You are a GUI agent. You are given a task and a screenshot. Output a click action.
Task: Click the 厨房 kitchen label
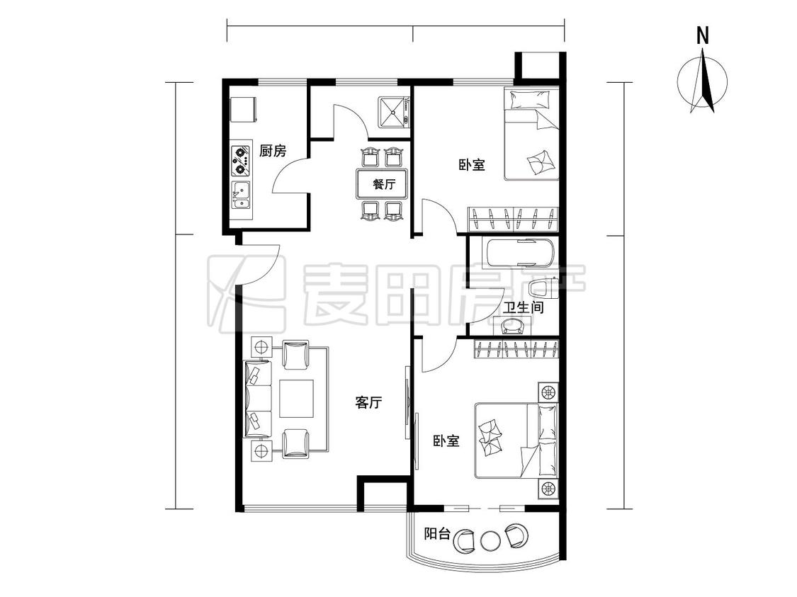coord(273,151)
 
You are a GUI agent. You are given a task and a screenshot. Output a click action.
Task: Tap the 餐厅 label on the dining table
coord(384,184)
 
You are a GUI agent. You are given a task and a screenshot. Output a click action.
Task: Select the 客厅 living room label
coord(368,403)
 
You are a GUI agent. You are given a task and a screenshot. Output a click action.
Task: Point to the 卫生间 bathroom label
coord(524,307)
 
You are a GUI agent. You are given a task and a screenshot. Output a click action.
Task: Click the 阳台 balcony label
coord(438,534)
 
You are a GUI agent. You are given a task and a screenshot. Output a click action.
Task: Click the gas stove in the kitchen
coord(242,159)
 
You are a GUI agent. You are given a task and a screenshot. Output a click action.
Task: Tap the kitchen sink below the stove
coord(242,195)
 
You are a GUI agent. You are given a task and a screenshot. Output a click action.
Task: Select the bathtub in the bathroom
coord(520,253)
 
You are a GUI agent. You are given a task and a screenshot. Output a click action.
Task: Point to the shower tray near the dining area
coord(392,110)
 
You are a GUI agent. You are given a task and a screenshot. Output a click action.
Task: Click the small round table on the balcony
coord(490,540)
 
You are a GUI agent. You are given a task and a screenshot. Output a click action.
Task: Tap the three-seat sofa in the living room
coord(258,399)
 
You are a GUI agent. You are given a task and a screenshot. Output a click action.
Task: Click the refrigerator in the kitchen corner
coord(244,109)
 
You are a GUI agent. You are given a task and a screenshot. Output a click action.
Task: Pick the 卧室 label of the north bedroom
coord(472,164)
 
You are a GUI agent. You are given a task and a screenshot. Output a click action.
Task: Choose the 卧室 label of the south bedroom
coord(446,440)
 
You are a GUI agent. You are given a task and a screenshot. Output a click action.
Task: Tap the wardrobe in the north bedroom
coord(512,220)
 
